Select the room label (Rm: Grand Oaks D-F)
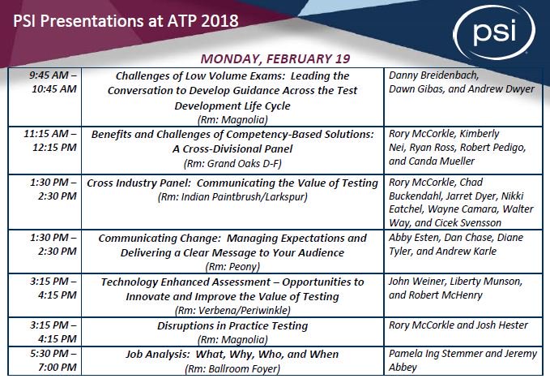pos(235,163)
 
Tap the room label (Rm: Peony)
pos(235,265)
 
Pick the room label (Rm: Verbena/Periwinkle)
pos(235,309)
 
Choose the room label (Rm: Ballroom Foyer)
pos(235,368)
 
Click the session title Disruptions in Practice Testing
pos(235,325)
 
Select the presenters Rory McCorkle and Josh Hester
pos(458,325)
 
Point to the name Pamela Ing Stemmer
pos(442,355)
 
